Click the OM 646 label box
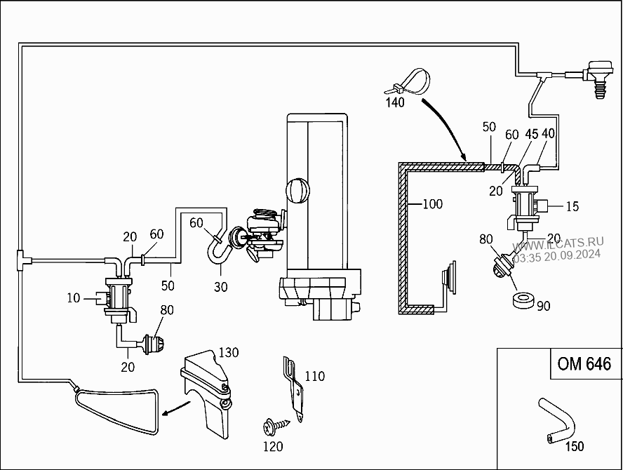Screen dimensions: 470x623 [584, 364]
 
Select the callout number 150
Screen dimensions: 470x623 [574, 445]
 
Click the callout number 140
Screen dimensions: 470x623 [395, 102]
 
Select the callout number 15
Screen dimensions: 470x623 [572, 206]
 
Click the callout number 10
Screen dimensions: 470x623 [74, 297]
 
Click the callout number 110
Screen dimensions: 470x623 [315, 377]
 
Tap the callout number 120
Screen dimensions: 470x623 [272, 446]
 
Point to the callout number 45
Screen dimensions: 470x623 [532, 134]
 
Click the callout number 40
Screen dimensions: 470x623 [548, 134]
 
